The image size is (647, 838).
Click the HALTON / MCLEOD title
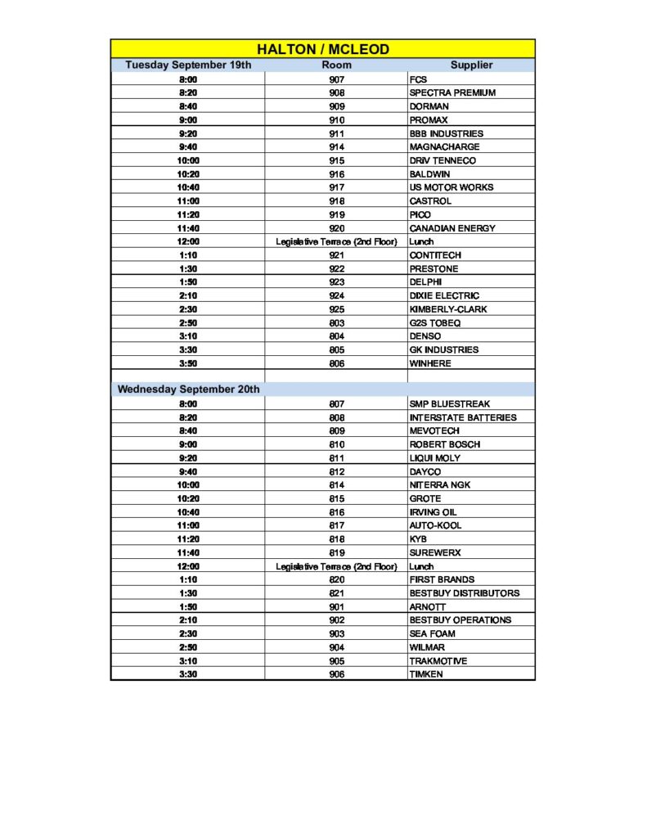click(x=323, y=49)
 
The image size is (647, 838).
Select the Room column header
click(x=336, y=65)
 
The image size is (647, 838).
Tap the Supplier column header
click(x=471, y=65)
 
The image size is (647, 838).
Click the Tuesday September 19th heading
click(x=188, y=65)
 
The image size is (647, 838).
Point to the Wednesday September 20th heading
click(x=188, y=390)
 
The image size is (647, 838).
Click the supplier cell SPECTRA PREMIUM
click(x=452, y=92)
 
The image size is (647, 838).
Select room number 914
click(x=336, y=146)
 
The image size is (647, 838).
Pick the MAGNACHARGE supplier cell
click(x=444, y=146)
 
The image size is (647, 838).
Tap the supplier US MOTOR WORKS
click(x=452, y=187)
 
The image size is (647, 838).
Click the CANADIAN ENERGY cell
click(x=452, y=228)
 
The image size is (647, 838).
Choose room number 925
click(x=336, y=309)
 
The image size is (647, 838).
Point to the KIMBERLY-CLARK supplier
click(x=447, y=309)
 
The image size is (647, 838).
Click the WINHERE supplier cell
click(x=430, y=363)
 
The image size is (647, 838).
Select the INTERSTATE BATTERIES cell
click(x=463, y=417)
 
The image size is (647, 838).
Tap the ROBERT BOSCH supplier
click(x=445, y=444)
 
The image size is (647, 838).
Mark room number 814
click(x=336, y=484)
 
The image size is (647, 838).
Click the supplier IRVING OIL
click(x=434, y=511)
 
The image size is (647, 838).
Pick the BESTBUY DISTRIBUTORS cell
click(x=465, y=592)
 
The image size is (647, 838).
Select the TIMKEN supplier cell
click(x=427, y=674)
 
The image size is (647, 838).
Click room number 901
click(x=336, y=606)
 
